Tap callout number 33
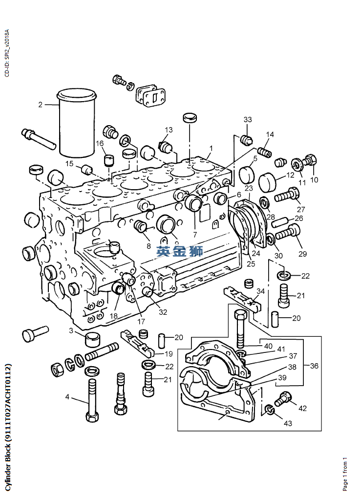click(x=248, y=120)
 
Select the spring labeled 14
click(x=264, y=151)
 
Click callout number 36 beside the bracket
click(x=314, y=366)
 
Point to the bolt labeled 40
click(x=241, y=329)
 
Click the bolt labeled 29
click(x=288, y=232)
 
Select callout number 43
click(x=288, y=423)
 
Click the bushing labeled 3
click(x=93, y=339)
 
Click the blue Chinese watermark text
click(x=180, y=251)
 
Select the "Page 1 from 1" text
click(x=345, y=474)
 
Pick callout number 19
click(x=169, y=354)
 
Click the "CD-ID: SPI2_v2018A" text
click(x=7, y=53)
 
